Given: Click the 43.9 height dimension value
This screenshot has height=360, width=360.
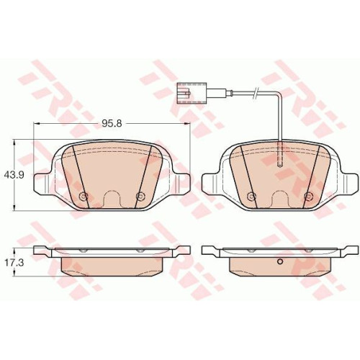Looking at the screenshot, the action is (14, 175).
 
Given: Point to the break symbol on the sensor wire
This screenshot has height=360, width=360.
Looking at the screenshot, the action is (256, 92).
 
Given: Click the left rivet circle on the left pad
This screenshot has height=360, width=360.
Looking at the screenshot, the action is (84, 196).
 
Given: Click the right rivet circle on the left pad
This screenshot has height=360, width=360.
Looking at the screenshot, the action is (140, 196).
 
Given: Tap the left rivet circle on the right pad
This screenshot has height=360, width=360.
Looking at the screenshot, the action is (251, 196).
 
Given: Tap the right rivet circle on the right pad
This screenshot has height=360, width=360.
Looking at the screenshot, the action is (307, 196).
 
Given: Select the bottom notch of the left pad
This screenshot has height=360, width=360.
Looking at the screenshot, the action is (112, 199).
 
